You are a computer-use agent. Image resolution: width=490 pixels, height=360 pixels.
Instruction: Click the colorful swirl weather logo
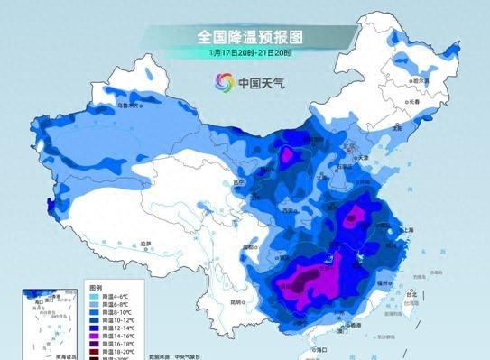(x=223, y=83)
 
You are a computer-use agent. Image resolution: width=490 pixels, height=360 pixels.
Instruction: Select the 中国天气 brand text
(x=261, y=84)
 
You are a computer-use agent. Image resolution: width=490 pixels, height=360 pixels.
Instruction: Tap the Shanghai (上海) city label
(x=404, y=230)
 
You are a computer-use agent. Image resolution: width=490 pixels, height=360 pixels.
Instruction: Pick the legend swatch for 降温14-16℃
(x=95, y=334)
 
